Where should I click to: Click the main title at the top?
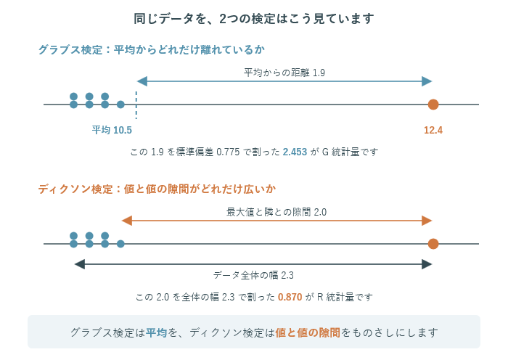pos(254,18)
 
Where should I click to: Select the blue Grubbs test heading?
pos(152,49)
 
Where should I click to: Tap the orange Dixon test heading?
pos(157,189)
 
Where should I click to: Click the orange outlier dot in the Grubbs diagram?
pos(433,105)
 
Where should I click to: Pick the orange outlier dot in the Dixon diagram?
pos(433,244)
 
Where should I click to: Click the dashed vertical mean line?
pos(136,105)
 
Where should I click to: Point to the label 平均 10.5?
pos(112,130)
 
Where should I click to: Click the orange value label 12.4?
pos(433,130)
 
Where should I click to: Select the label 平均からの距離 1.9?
pos(284,73)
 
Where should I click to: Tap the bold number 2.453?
pos(295,152)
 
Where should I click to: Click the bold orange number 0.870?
pos(290,297)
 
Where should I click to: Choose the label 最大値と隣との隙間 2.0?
pos(276,212)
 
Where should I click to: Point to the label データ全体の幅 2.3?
pos(253,275)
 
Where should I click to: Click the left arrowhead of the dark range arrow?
pos(79,264)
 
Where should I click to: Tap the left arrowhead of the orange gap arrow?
pos(127,221)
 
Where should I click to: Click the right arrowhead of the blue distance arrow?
pos(427,81)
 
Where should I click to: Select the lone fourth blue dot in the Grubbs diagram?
pos(120,105)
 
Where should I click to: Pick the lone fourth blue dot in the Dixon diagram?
pos(120,244)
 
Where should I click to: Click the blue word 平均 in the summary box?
pos(156,332)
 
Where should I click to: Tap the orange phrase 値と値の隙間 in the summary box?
pos(308,332)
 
